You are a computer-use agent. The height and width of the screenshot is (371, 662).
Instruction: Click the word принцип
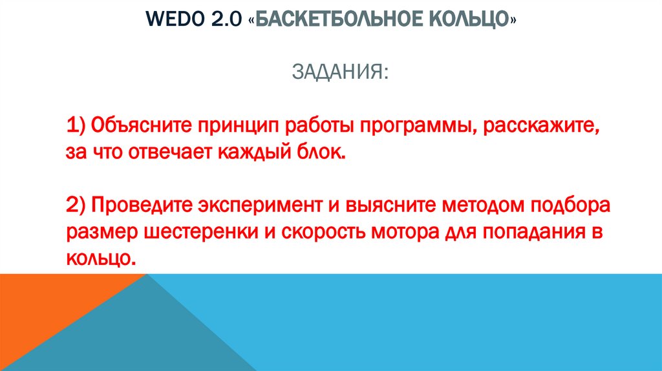pyautogui.click(x=235, y=125)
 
